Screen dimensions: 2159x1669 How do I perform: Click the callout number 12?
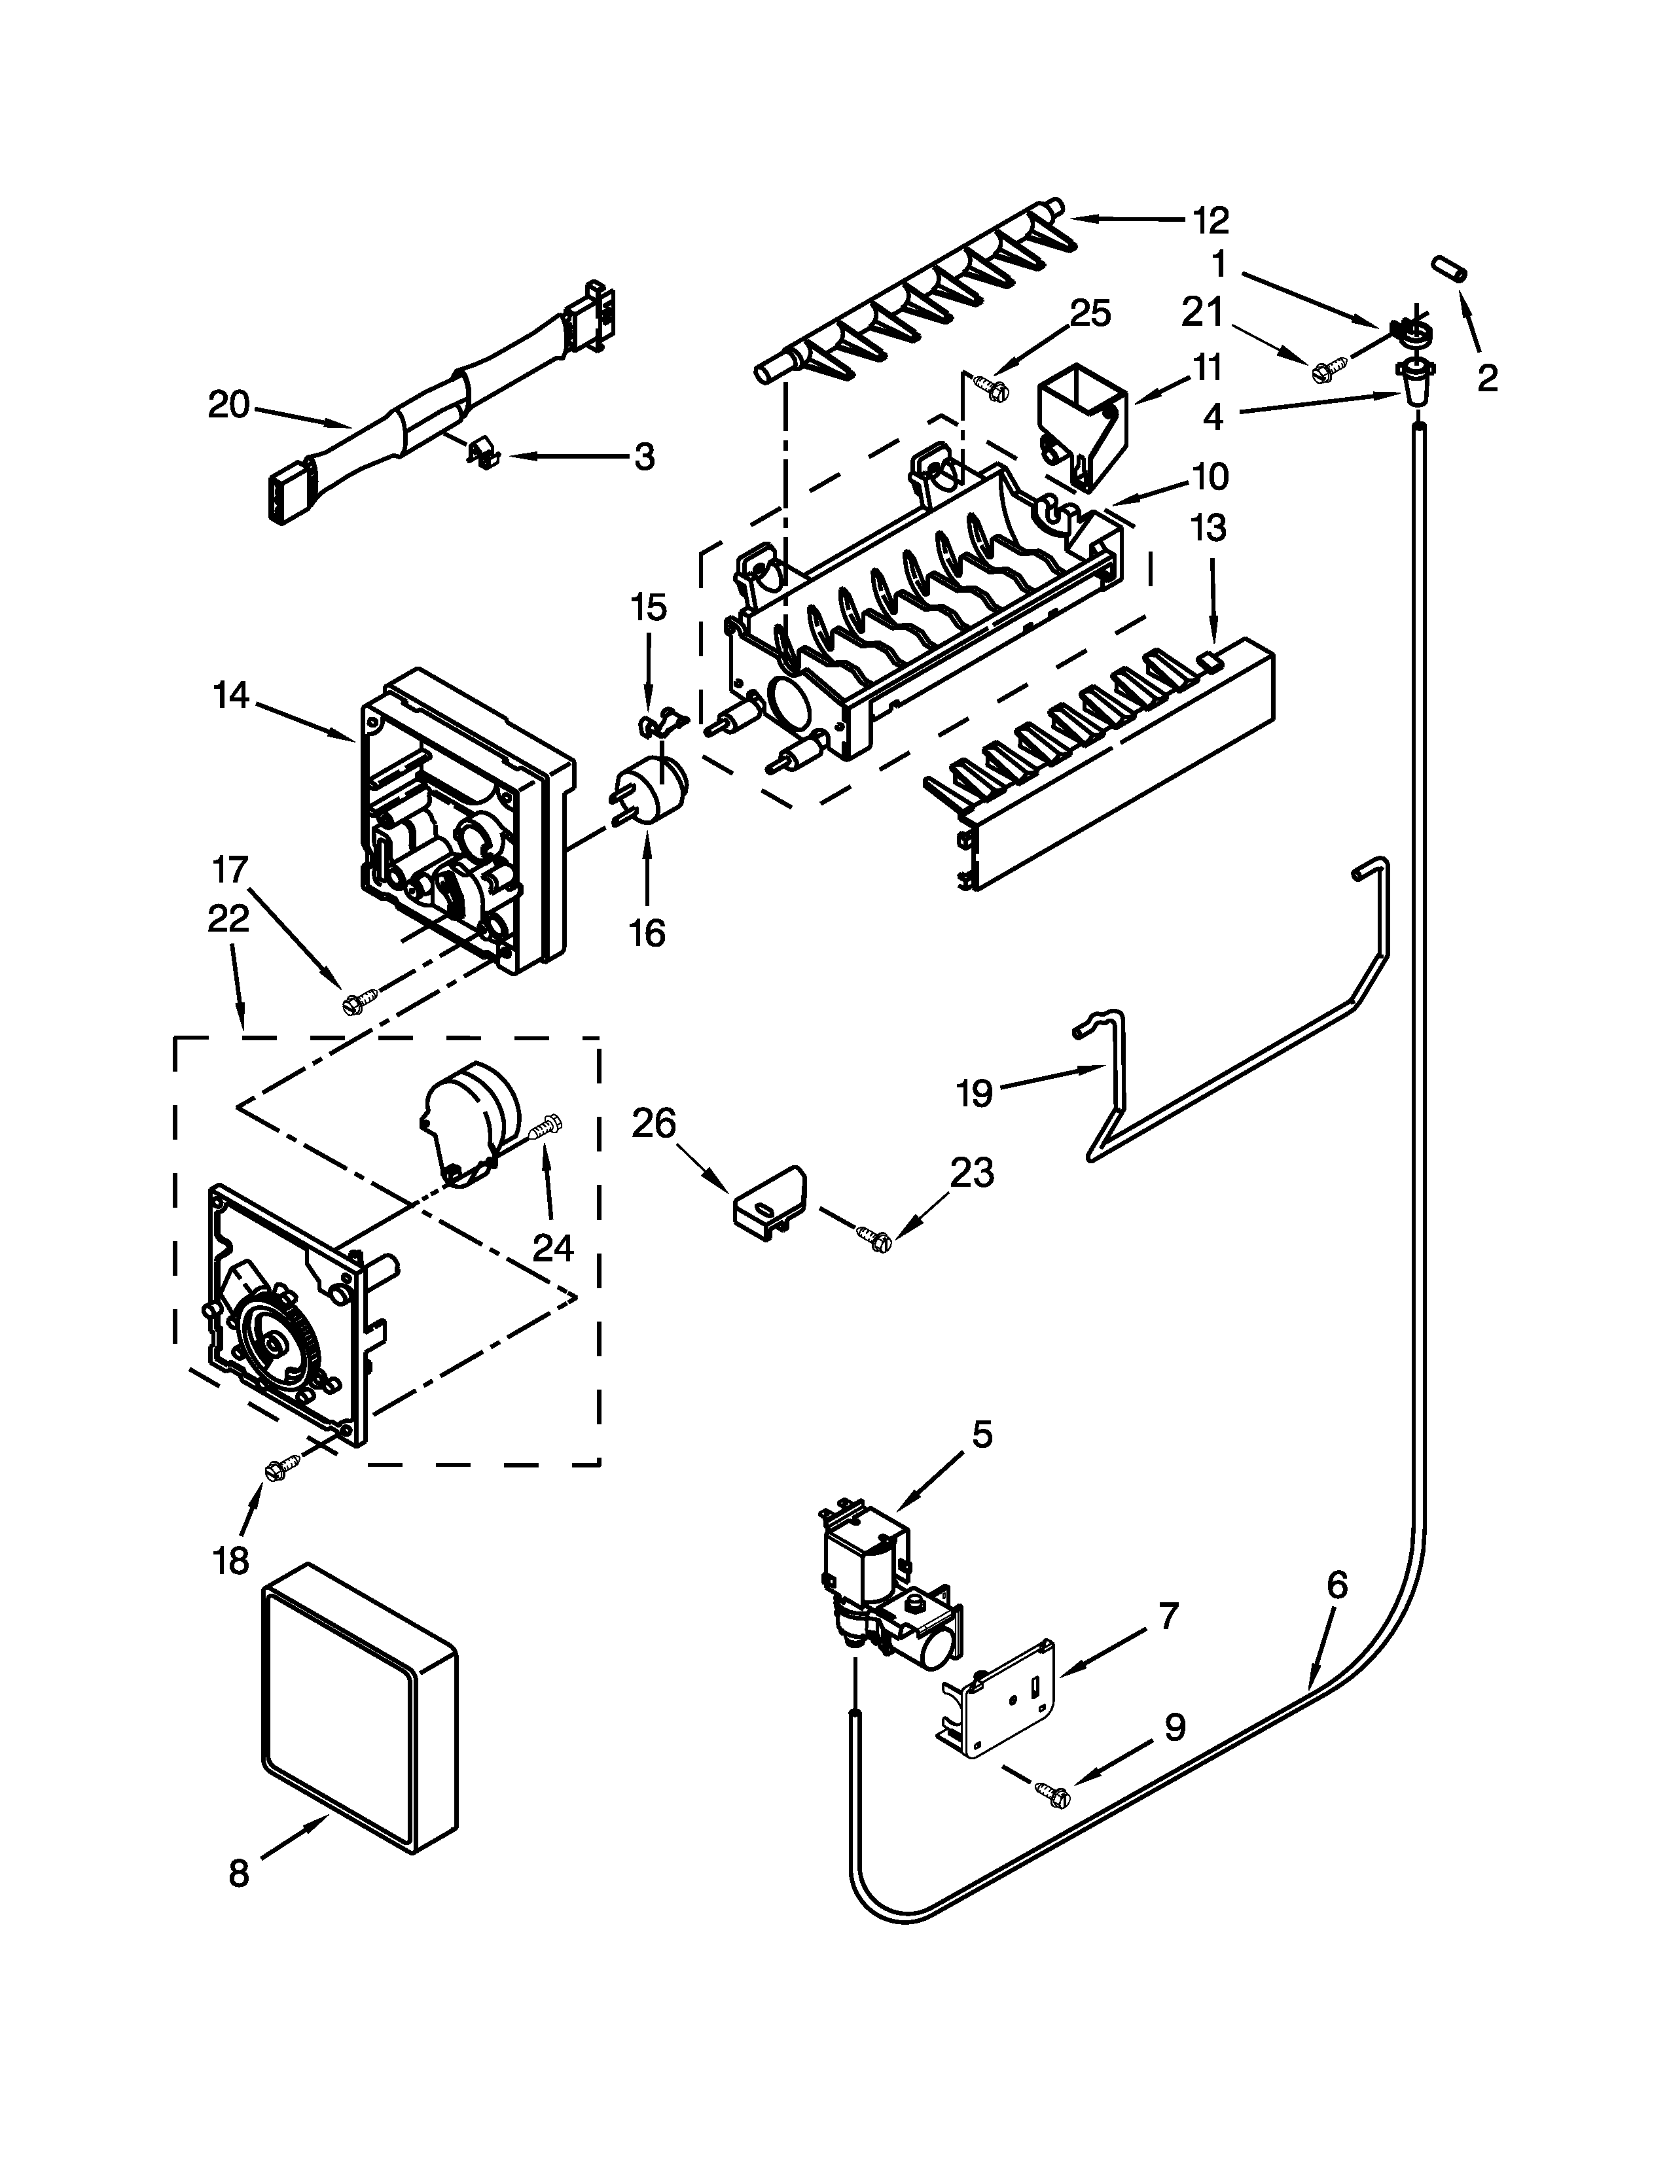pyautogui.click(x=1210, y=220)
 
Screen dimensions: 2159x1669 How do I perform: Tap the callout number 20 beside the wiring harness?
pyautogui.click(x=228, y=406)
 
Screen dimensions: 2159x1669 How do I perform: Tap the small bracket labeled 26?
pyautogui.click(x=769, y=1202)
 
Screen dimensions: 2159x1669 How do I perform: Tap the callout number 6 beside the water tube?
pyautogui.click(x=1336, y=1585)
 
